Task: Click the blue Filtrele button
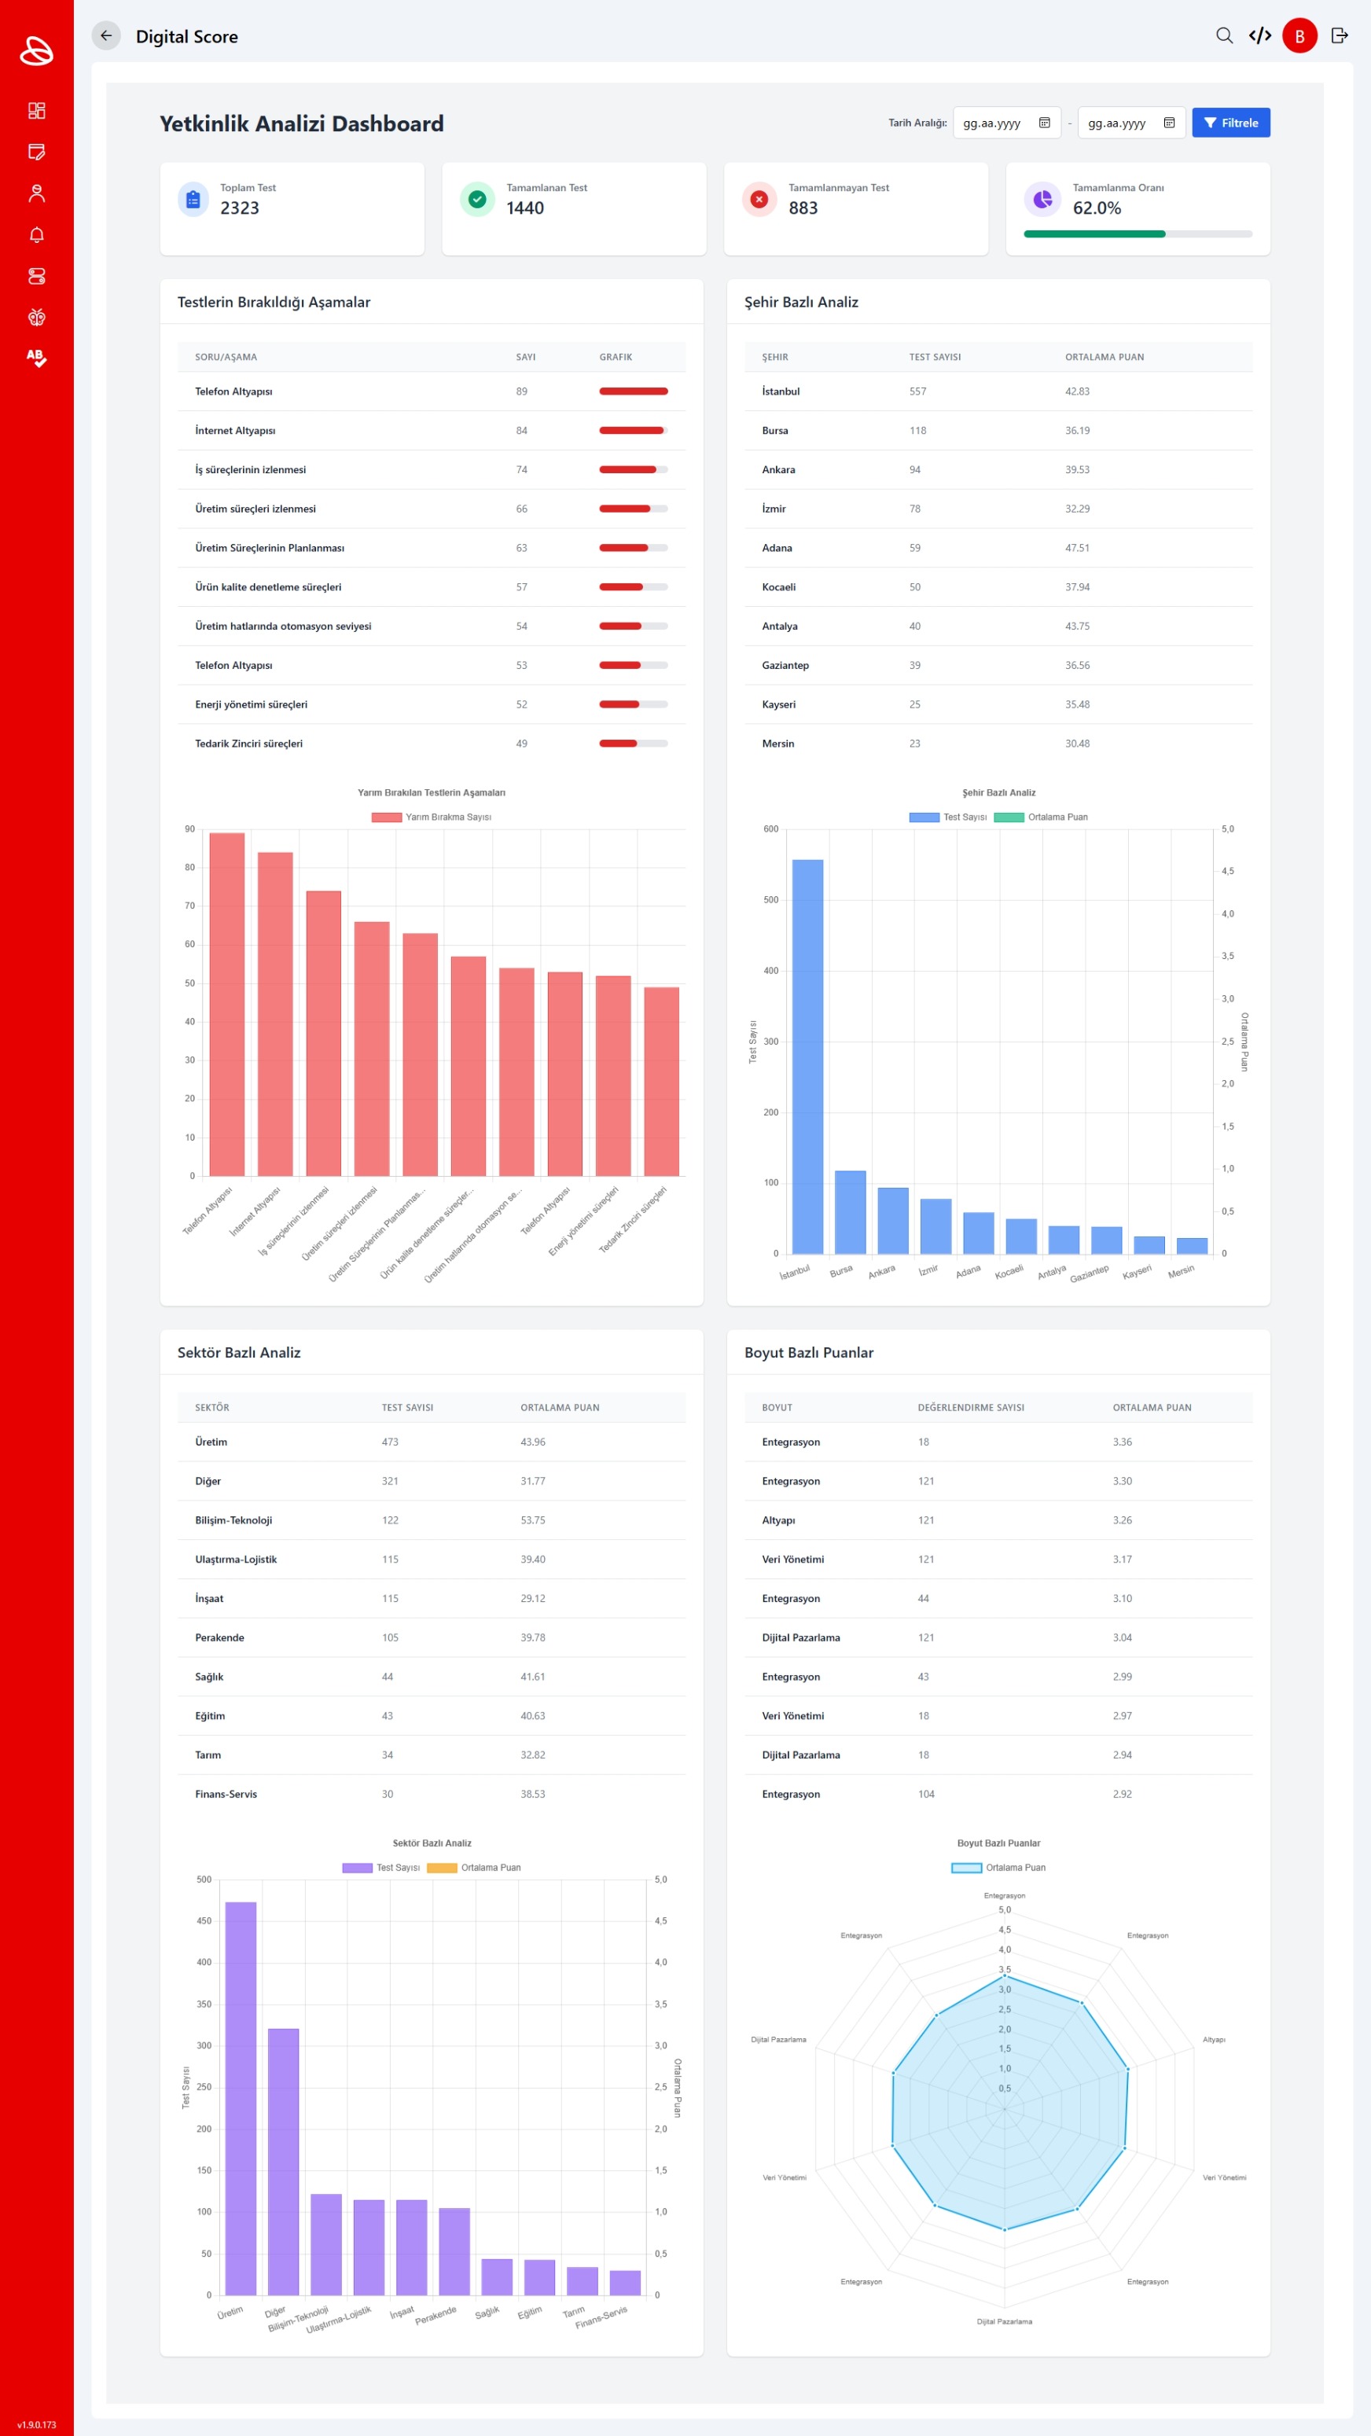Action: pos(1230,123)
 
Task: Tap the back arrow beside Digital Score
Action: pos(106,36)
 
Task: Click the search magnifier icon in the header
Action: pos(1223,36)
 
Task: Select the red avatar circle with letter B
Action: pos(1299,36)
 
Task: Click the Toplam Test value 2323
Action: pos(239,208)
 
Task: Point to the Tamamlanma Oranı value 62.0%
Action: pos(1097,208)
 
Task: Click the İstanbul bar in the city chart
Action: pos(807,1056)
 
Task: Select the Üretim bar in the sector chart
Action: pos(241,2097)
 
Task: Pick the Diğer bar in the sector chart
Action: pos(283,2161)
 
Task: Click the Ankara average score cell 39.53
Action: pos(1077,470)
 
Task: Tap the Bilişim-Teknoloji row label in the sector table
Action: pos(233,1519)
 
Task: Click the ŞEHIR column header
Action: pos(774,358)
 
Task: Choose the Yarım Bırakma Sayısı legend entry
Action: pos(431,817)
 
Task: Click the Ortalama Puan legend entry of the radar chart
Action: pos(998,1868)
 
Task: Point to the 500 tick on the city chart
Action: pos(770,899)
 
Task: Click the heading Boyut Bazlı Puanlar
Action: pos(808,1352)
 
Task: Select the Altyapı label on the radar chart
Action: pos(1213,2040)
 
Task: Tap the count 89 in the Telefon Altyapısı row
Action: pos(522,391)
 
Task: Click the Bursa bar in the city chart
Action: pos(850,1211)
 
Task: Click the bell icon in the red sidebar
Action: pos(37,234)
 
